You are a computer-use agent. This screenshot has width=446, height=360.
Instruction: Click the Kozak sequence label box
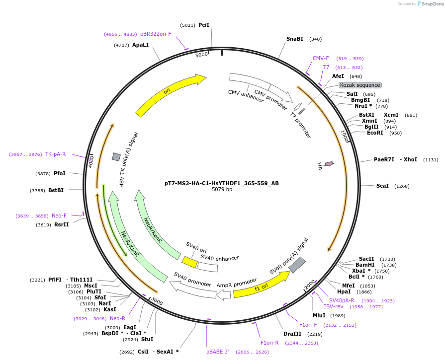[x=360, y=85]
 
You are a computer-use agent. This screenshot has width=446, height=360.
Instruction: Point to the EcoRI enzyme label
[x=375, y=133]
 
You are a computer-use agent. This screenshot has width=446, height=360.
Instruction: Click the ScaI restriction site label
[x=382, y=186]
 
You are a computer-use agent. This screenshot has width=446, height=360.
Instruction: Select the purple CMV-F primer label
[x=321, y=58]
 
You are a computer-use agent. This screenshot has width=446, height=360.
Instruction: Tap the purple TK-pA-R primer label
[x=55, y=154]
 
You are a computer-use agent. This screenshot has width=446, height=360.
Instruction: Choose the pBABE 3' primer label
[x=218, y=352]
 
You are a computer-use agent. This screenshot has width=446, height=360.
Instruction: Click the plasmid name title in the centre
[x=222, y=183]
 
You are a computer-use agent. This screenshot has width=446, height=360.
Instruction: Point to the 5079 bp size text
[x=222, y=190]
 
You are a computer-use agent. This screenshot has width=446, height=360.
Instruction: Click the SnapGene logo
[x=431, y=4]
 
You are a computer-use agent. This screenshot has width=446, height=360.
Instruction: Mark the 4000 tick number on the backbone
[x=91, y=162]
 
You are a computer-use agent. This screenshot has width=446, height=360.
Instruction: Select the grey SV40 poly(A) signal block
[x=297, y=265]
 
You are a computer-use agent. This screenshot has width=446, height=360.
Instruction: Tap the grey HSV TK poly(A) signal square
[x=116, y=157]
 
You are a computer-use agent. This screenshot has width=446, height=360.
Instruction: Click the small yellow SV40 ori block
[x=189, y=262]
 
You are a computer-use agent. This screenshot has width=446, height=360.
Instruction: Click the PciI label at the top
[x=204, y=25]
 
